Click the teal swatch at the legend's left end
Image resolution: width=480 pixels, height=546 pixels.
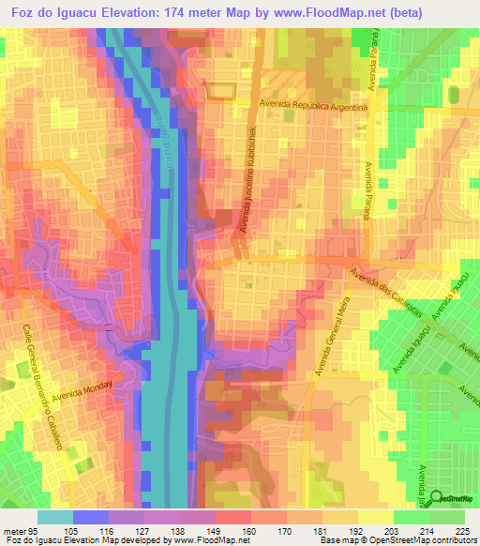point(54,517)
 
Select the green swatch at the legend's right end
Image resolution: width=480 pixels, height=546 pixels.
point(447,517)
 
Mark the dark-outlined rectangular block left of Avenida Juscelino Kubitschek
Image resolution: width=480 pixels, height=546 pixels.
point(217,90)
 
